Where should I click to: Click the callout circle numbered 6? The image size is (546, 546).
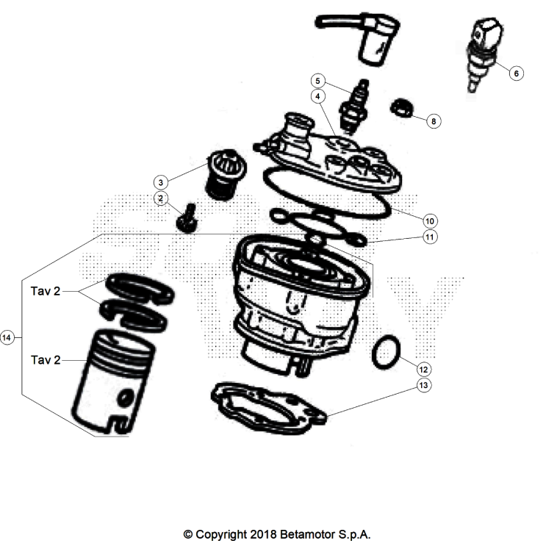pos(515,73)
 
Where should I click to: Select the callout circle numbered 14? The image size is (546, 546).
pos(7,337)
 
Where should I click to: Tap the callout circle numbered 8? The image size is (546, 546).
pos(434,121)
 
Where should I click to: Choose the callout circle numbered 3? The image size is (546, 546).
pos(160,182)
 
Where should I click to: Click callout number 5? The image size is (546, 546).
pos(317,80)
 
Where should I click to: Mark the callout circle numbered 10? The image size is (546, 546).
pos(431,220)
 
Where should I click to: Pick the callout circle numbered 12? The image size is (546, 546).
pos(424,367)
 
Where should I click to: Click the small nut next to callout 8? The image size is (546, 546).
pos(402,107)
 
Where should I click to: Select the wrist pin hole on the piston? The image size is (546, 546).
pos(127,397)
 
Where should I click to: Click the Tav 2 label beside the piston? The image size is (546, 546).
pos(46,360)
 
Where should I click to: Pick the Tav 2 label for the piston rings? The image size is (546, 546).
pos(46,292)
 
